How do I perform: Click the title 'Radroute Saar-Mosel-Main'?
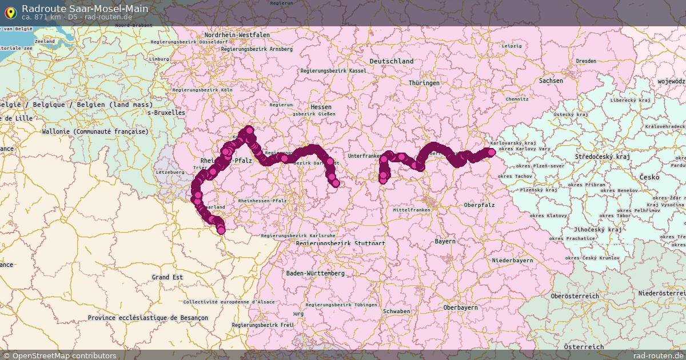pos(85,9)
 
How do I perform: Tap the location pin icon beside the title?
pos(10,11)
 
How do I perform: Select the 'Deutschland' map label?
pos(392,61)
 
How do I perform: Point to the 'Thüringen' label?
pos(424,83)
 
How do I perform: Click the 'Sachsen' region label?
pos(551,81)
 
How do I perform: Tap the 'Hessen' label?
pos(321,107)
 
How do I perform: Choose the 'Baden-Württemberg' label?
pos(316,273)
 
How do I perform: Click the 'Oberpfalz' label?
pos(480,205)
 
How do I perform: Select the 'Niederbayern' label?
pos(512,261)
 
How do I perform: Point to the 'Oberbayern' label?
pos(461,307)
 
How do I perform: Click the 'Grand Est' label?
pos(167,277)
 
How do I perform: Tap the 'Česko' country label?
pos(649,177)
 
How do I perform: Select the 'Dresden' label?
pos(586,61)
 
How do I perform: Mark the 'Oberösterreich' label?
pos(575,296)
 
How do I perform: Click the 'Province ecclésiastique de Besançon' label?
pos(148,318)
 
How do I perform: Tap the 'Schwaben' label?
pos(397,311)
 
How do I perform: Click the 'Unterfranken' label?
pos(364,155)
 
